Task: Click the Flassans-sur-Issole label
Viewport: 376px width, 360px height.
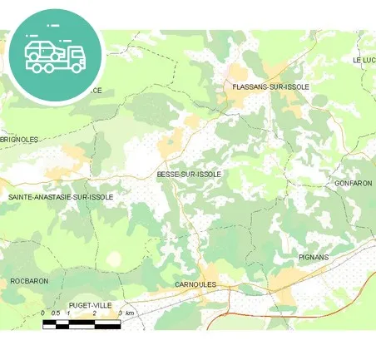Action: (271, 86)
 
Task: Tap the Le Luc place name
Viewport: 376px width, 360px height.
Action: (364, 60)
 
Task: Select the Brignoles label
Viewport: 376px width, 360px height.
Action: (19, 140)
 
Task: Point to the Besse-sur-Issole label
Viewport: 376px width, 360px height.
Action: (189, 175)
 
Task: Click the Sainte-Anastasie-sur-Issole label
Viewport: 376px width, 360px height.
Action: (60, 197)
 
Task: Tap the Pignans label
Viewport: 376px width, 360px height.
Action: (314, 258)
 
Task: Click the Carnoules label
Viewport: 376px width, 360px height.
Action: (195, 284)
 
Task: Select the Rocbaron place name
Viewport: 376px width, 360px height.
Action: (29, 281)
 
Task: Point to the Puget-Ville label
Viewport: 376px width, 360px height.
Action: (91, 305)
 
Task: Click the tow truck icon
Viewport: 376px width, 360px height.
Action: (55, 54)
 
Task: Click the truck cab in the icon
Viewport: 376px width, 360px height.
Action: (76, 56)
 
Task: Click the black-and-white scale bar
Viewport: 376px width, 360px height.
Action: (82, 323)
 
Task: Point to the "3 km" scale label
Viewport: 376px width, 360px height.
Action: (126, 313)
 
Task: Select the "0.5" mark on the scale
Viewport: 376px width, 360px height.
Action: (55, 313)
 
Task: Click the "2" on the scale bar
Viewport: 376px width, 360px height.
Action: (94, 313)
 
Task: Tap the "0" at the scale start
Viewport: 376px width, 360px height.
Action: (43, 313)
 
